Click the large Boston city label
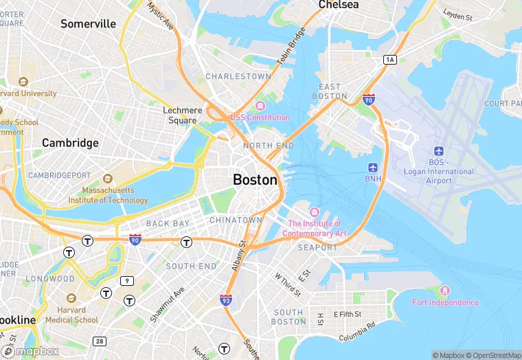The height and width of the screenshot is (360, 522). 256,180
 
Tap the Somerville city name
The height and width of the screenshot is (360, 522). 88,24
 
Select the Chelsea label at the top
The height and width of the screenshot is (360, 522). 338,5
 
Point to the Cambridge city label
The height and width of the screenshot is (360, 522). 70,143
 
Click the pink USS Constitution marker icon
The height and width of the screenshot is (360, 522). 260,106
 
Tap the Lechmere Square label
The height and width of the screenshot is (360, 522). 183,115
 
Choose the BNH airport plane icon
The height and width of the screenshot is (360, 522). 373,168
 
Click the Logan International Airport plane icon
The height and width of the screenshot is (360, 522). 438,151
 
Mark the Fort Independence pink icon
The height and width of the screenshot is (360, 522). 445,291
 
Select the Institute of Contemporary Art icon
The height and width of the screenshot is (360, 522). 315,212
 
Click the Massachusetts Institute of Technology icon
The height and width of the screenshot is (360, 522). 106,179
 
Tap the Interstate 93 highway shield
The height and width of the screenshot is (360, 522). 226,300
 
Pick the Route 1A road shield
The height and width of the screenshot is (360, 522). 390,60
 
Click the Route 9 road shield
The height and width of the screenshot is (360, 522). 126,280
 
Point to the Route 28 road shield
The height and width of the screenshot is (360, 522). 100,341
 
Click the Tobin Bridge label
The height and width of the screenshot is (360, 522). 291,49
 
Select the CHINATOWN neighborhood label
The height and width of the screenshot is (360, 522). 236,220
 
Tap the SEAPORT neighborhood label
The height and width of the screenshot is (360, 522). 317,247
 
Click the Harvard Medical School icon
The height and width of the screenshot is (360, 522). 71,298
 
